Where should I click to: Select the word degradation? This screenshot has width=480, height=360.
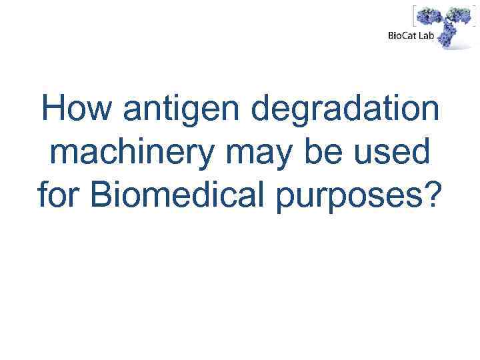pyautogui.click(x=339, y=111)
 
